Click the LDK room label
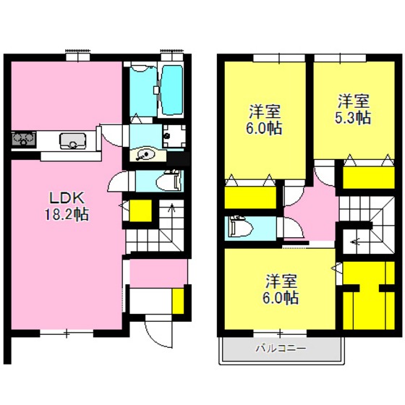coord(67,198)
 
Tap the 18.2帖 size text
coord(67,214)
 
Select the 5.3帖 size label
coord(353,118)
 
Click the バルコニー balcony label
coord(281,349)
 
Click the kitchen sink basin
coord(72,141)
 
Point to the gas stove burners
coord(23,140)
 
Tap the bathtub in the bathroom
coord(172,90)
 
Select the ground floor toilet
coord(170,181)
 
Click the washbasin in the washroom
coord(146,155)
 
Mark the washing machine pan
coord(174,136)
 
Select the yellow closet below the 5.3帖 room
coord(369,178)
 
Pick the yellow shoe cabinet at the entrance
coord(178,301)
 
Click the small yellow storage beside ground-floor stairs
coord(140,210)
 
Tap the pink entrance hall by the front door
coord(158,273)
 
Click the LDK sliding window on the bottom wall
coord(67,333)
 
